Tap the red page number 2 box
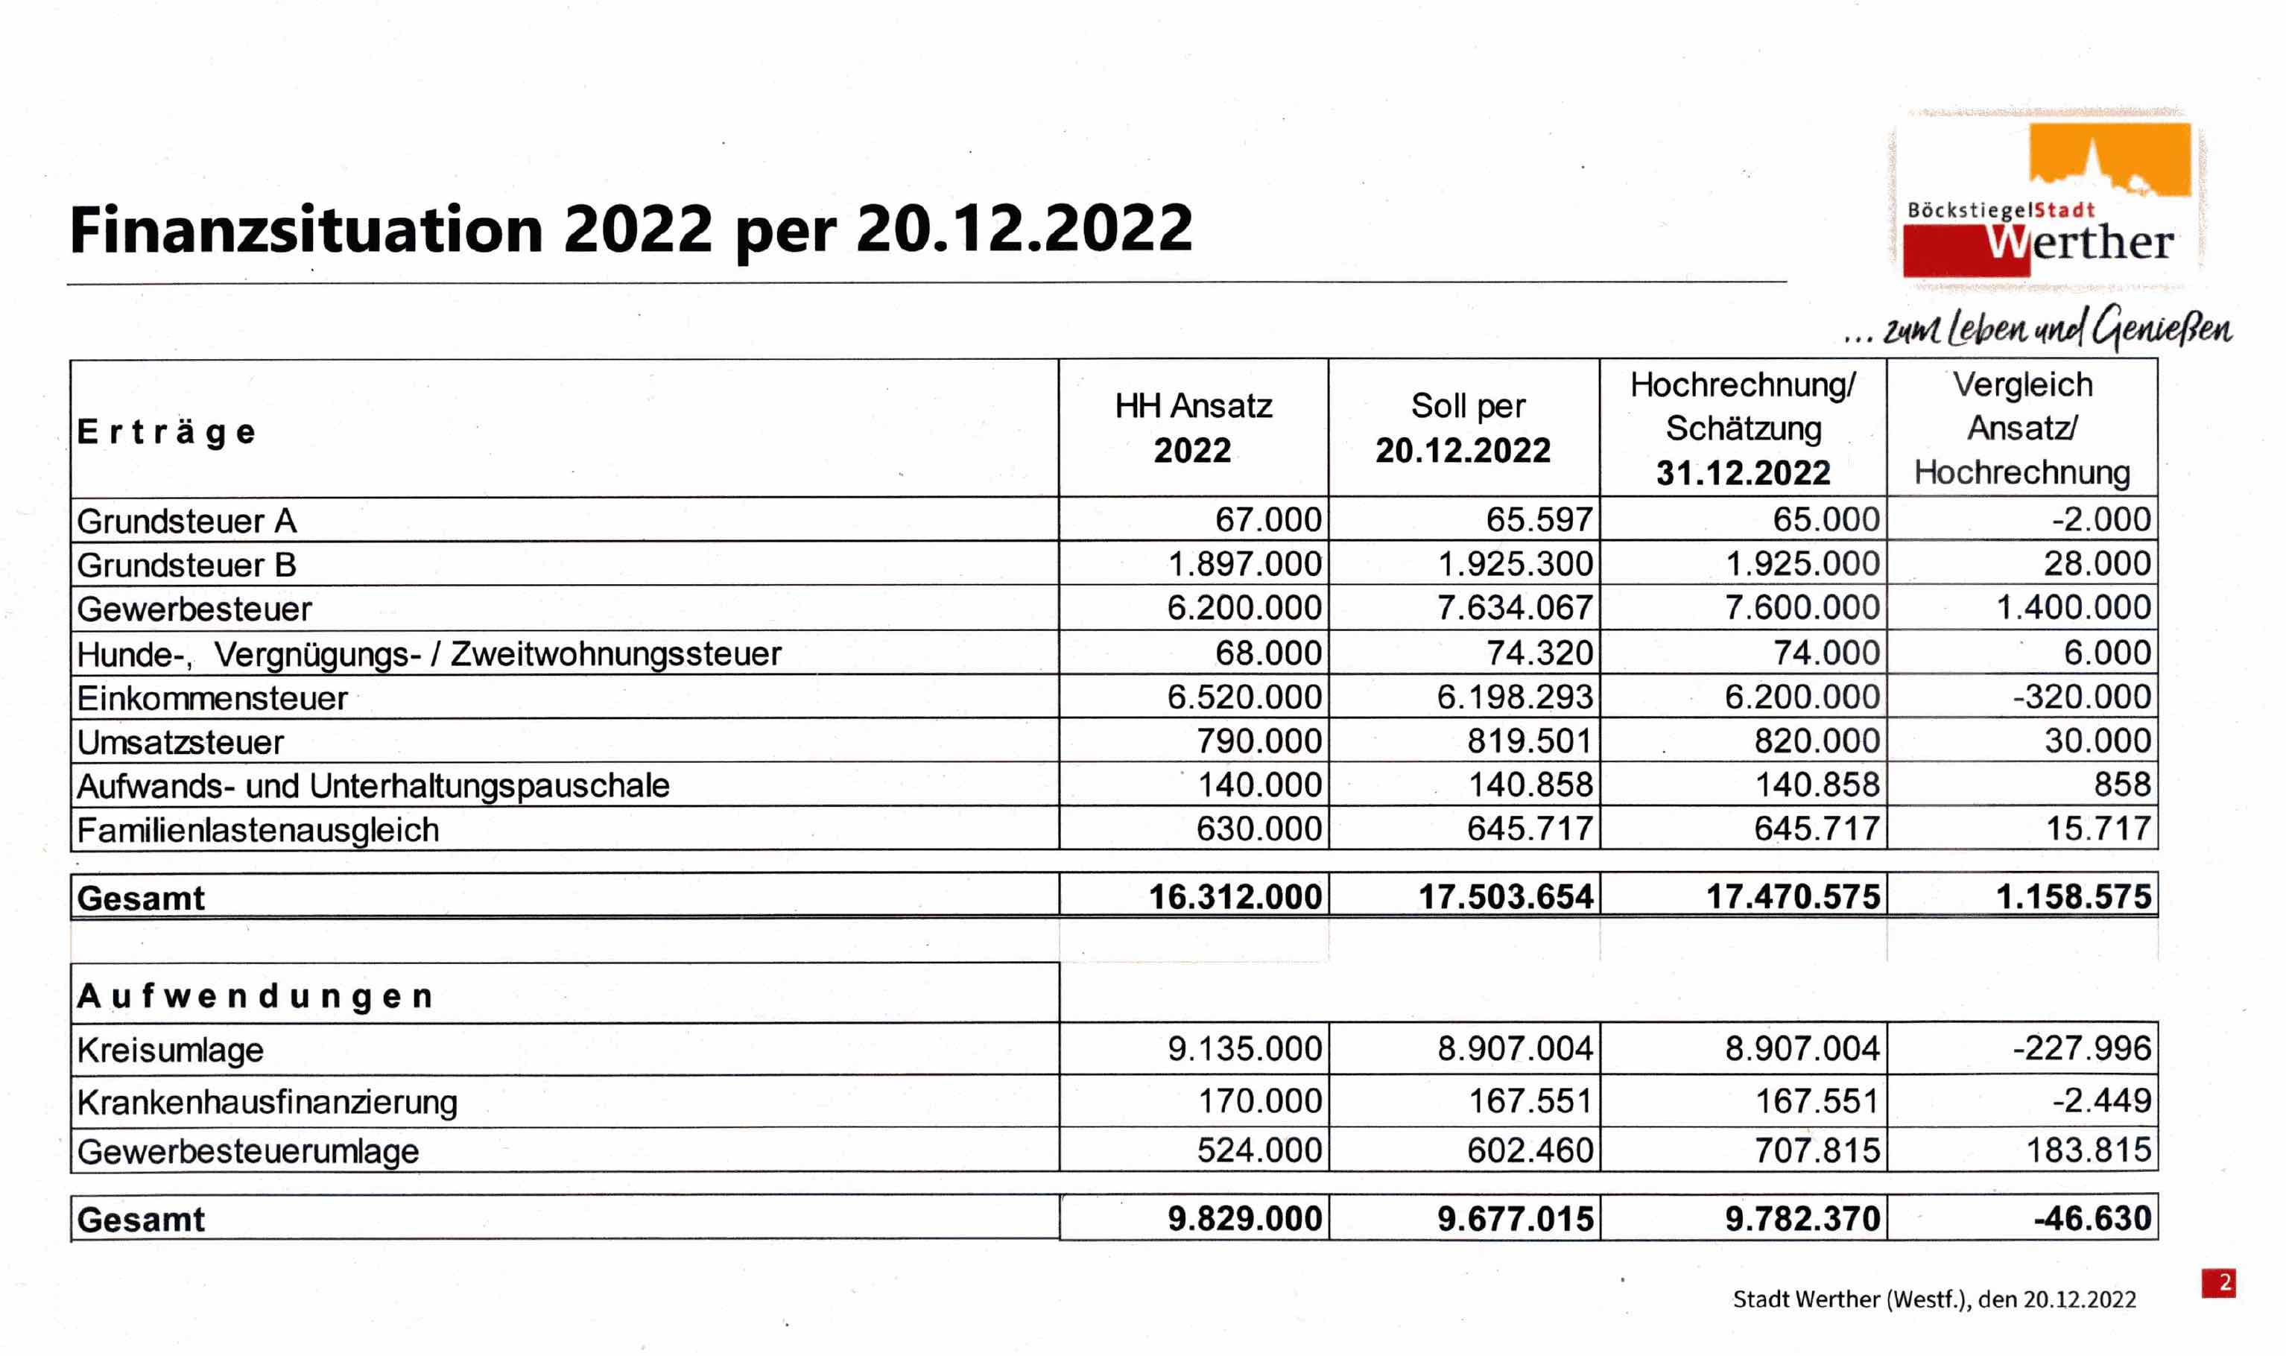tap(2217, 1283)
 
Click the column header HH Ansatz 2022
tap(1192, 428)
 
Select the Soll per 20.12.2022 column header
tap(1463, 428)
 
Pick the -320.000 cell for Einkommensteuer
tap(2080, 697)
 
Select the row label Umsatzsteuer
tap(180, 742)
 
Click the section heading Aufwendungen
tap(255, 996)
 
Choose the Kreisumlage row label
tap(171, 1050)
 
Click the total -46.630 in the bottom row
tap(2092, 1218)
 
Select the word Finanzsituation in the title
tap(306, 229)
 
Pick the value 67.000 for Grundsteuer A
tap(1267, 520)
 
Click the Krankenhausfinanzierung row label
tap(267, 1102)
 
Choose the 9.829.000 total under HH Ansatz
tap(1244, 1218)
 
